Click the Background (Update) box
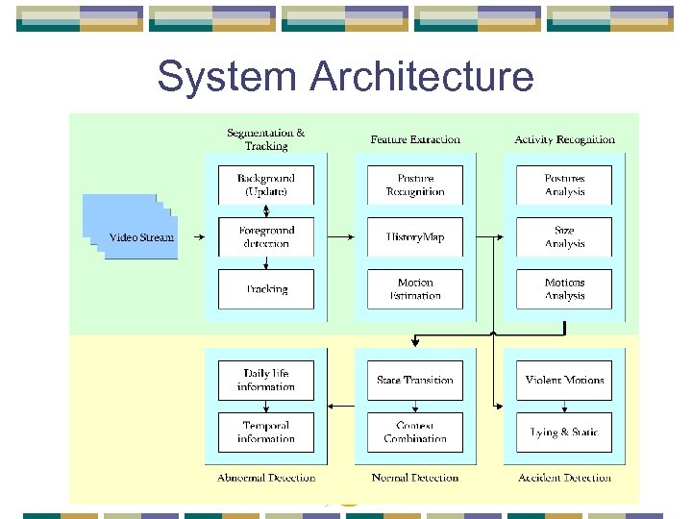coord(266,185)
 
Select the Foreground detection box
coord(266,236)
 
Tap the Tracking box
coord(266,289)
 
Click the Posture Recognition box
coord(415,185)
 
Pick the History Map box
coord(415,236)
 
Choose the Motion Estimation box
coord(415,289)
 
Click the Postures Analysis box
coord(564,185)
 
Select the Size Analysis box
coord(564,236)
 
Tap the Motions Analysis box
coord(564,289)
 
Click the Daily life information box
coord(266,380)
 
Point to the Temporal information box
coord(266,432)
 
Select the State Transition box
coord(415,380)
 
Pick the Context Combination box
coord(415,432)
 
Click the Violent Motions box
coord(564,380)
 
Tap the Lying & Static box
coord(564,432)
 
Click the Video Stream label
coord(141,237)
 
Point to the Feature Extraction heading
coord(415,139)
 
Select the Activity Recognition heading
coord(564,139)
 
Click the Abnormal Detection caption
coord(266,478)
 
